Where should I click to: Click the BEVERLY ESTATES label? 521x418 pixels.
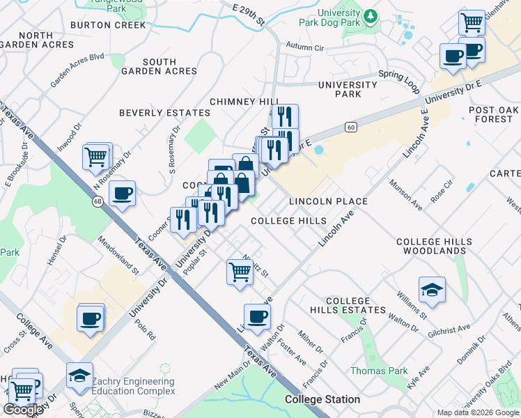tap(164, 113)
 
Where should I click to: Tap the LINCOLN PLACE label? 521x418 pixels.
tap(328, 201)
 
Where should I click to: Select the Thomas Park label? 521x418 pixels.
tap(379, 371)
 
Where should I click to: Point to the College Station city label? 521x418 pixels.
tap(322, 399)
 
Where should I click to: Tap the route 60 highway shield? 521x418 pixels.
tap(351, 127)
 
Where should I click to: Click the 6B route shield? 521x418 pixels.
tap(97, 200)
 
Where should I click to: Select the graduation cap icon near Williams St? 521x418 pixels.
tap(432, 290)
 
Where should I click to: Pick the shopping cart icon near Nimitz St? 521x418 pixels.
tap(240, 271)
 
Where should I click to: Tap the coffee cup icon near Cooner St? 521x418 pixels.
tap(123, 193)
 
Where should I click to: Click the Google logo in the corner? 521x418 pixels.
tap(24, 410)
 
